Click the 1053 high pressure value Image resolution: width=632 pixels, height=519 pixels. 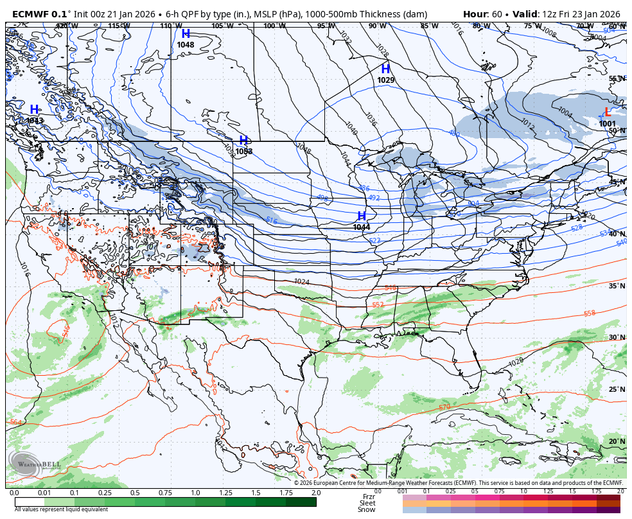coord(243,152)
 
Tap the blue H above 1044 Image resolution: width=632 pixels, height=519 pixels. coord(362,216)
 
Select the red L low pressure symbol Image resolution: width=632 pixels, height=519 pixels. coord(608,112)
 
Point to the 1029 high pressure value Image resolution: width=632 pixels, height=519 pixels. coord(386,80)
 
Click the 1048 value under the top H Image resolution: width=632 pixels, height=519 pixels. coord(186,45)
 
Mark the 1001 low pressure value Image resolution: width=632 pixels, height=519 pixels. coord(607,124)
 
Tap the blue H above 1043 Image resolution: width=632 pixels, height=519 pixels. coord(34,110)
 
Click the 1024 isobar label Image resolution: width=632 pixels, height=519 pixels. coord(302,281)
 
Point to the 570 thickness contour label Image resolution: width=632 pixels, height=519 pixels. coord(444,407)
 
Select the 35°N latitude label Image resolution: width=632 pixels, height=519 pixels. coord(617,286)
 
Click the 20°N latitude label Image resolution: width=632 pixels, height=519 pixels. coord(617,442)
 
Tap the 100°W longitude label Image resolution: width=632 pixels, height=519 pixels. coord(274,26)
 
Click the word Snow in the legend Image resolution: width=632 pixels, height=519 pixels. coord(367,509)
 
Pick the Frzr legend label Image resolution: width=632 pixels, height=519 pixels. coord(368,497)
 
